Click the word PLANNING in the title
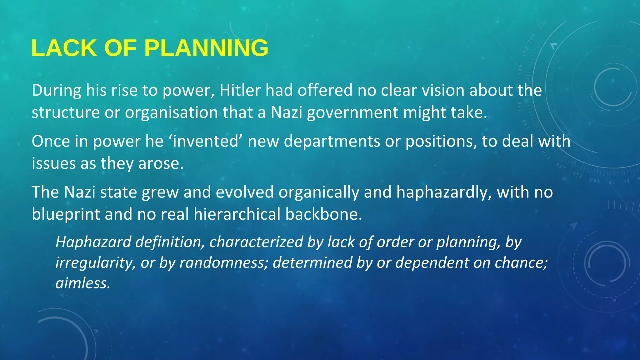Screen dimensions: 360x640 point(206,48)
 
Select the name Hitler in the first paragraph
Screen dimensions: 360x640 point(240,90)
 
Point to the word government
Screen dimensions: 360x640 point(352,112)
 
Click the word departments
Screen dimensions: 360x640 point(332,141)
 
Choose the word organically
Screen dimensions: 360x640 point(319,192)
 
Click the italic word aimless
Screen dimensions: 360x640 point(83,283)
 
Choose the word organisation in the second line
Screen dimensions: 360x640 point(171,112)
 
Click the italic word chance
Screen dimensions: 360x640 point(521,262)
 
